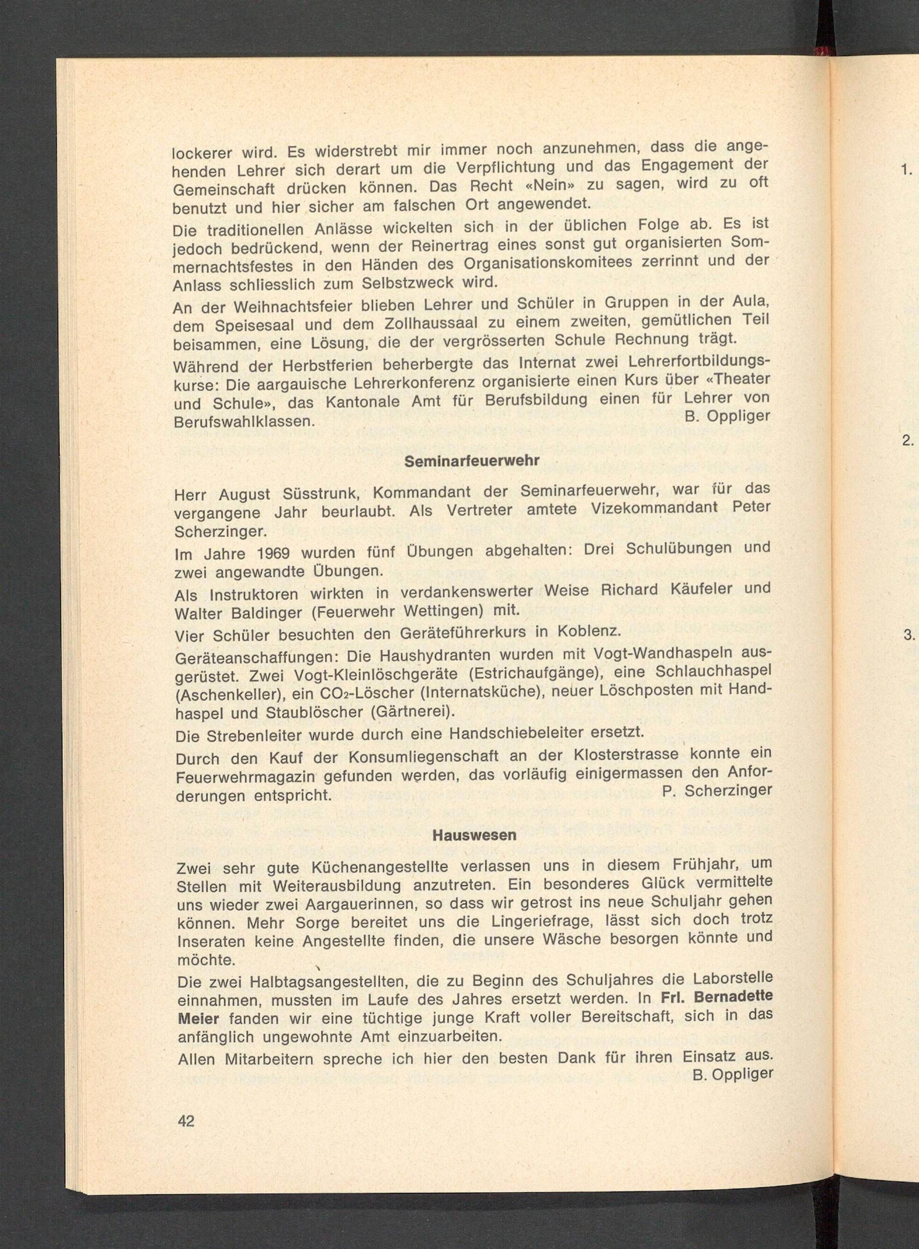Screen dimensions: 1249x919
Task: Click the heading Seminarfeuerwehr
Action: tap(472, 462)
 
